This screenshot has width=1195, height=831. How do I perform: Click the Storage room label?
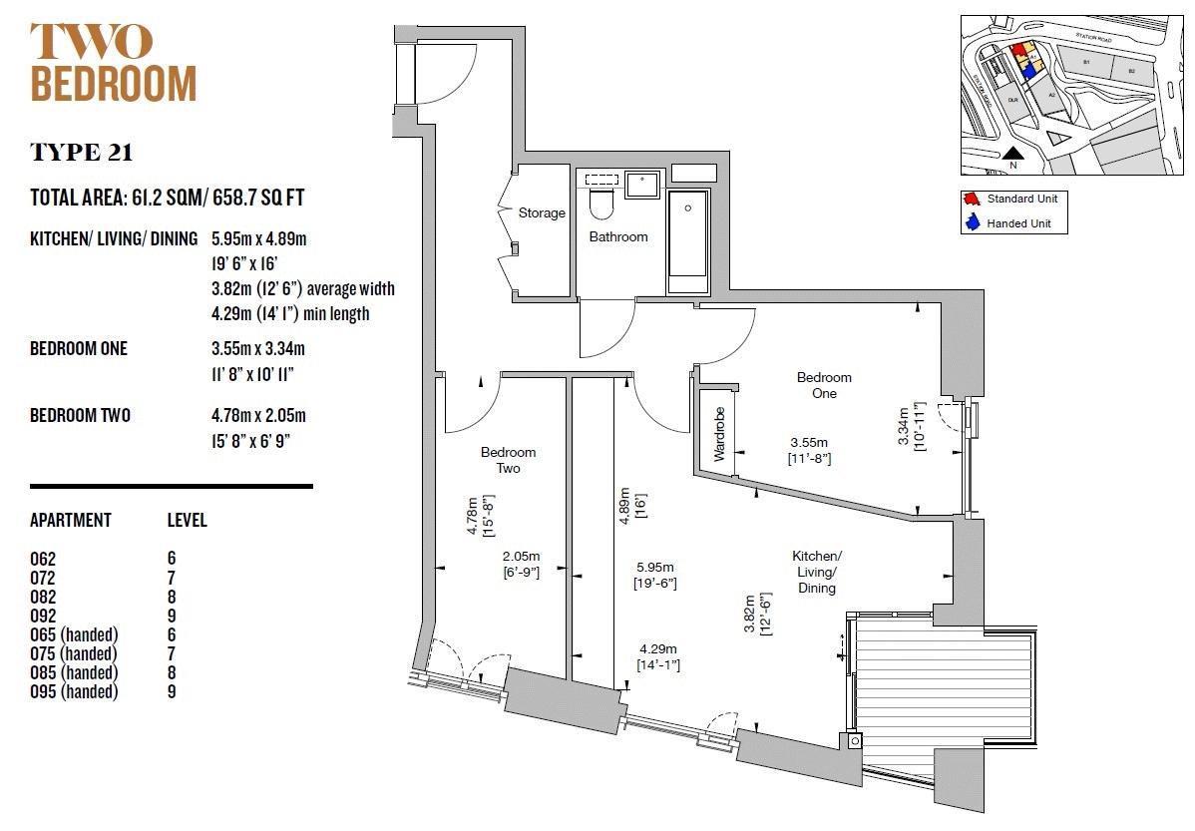click(542, 212)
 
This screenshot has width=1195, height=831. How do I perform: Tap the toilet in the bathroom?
click(600, 203)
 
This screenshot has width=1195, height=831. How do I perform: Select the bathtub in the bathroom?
click(687, 239)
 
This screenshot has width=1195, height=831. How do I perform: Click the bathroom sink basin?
click(641, 185)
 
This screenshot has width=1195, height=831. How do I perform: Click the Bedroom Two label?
click(508, 460)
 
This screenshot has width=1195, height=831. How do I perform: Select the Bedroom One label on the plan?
click(824, 385)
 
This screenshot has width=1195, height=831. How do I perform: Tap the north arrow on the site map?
click(1012, 156)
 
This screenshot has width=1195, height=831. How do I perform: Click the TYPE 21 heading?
click(82, 153)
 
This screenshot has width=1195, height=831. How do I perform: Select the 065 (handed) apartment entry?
click(74, 634)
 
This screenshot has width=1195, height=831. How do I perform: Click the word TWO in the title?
click(92, 42)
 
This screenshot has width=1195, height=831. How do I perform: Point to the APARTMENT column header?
click(71, 521)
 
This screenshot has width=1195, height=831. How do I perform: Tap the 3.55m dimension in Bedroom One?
click(809, 443)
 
